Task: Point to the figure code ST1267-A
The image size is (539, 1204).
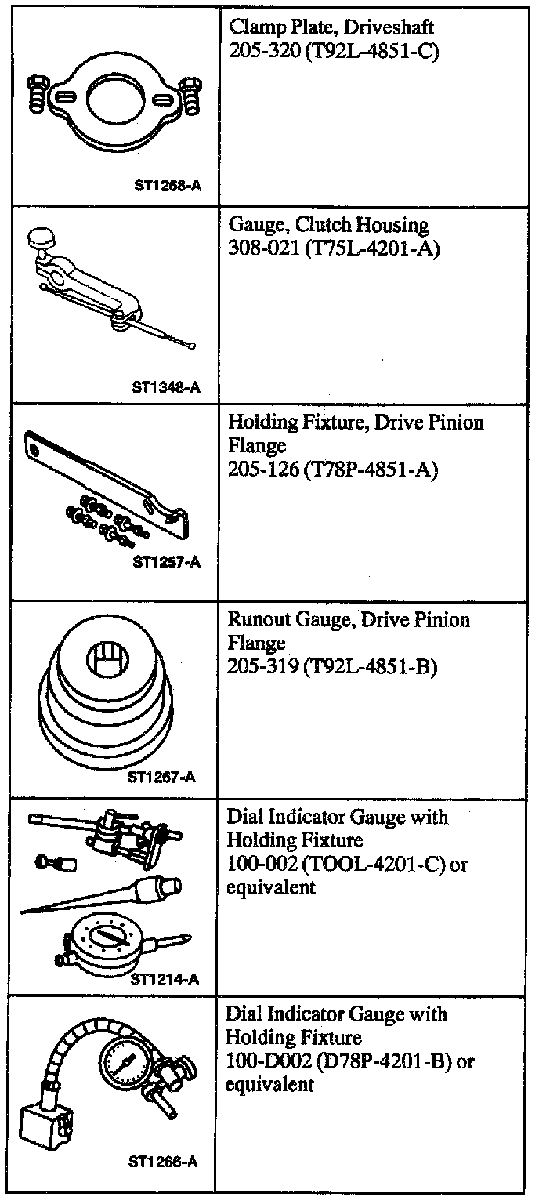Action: (161, 777)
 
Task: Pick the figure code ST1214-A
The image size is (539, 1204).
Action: (165, 979)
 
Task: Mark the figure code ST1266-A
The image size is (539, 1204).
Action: (163, 1162)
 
